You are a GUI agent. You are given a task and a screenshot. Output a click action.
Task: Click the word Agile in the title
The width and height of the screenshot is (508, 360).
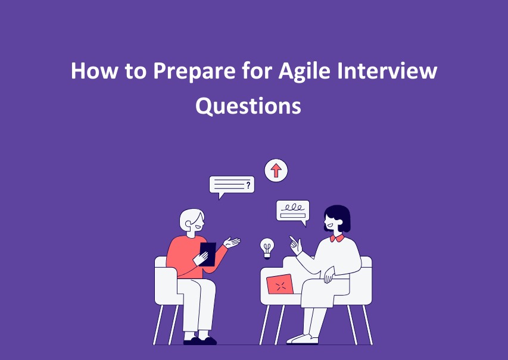point(304,71)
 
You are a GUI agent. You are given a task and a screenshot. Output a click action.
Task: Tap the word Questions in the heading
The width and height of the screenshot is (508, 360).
point(248,106)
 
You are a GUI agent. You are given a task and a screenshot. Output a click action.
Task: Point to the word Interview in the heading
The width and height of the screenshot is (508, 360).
point(387,70)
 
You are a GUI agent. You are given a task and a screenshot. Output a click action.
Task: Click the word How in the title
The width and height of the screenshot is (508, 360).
point(94,70)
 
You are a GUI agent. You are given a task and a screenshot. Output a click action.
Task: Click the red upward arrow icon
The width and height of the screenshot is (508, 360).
point(276,170)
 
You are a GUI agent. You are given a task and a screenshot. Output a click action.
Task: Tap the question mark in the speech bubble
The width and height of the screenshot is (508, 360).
point(248,185)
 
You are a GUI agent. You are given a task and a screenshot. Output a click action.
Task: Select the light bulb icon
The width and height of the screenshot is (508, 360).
point(267,248)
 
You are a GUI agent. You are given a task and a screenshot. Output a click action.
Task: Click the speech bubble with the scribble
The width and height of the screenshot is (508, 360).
point(293,212)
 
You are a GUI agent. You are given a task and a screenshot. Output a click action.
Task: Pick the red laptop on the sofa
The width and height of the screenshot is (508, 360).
point(280,284)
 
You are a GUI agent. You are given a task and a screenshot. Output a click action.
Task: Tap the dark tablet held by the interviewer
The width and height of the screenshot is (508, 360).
point(208,254)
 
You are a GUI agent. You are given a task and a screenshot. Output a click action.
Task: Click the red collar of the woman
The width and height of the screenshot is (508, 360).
point(337,239)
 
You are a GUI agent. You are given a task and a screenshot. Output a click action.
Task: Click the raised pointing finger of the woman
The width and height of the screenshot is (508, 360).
point(293,240)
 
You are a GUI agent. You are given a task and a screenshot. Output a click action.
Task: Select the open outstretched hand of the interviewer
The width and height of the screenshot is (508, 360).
point(232,243)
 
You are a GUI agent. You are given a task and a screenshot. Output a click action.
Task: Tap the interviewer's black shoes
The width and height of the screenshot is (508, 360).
point(200,340)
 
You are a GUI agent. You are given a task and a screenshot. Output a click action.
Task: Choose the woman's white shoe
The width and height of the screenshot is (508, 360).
point(303,339)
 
